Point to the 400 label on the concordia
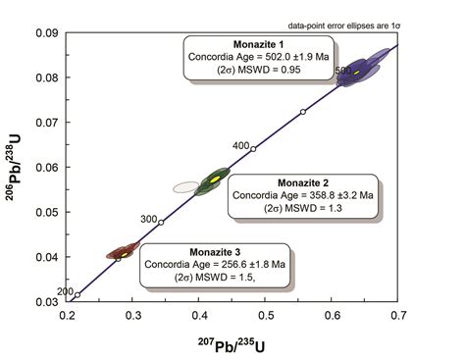pos(239,145)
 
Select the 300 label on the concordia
pos(148,219)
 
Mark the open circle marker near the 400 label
pos(253,149)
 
